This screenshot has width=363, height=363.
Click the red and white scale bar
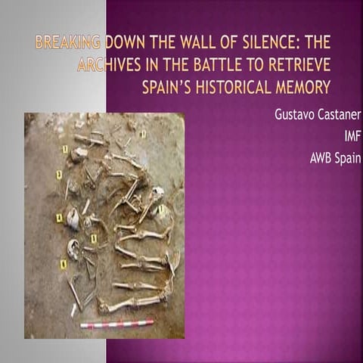(117, 324)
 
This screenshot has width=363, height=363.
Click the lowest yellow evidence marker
(64, 265)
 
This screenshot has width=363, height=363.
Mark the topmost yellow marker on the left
(64, 150)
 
